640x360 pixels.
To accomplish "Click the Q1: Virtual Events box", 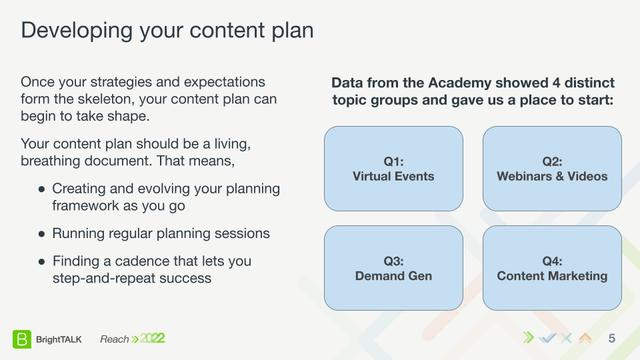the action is tap(393, 169).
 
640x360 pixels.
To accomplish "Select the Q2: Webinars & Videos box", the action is tap(552, 169).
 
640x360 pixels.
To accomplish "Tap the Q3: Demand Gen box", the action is tap(393, 268).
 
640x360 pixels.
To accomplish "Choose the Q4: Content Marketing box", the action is tap(552, 268).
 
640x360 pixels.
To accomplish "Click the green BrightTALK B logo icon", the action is tap(21, 339).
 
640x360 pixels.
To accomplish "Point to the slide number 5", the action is tap(611, 339).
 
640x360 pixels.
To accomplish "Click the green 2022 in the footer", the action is tap(152, 339).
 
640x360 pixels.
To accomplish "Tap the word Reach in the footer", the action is tap(114, 339).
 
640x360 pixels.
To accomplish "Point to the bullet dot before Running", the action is tap(41, 234).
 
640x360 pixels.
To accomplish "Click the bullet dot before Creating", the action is tap(41, 189).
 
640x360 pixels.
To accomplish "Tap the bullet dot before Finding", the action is tap(41, 262).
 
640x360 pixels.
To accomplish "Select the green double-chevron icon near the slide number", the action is tap(528, 338).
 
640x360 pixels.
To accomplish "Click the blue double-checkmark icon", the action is tap(547, 338).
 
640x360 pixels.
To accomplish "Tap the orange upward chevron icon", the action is tap(585, 338).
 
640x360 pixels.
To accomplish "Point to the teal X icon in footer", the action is tap(566, 338).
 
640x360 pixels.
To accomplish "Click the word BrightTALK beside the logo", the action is tap(59, 339).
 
